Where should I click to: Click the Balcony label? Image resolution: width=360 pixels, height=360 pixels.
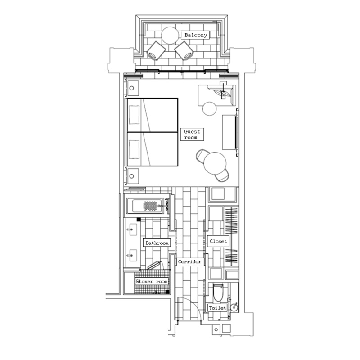(x=195, y=35)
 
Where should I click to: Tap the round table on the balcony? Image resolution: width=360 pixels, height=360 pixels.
(x=170, y=36)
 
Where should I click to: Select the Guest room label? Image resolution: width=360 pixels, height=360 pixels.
(x=192, y=134)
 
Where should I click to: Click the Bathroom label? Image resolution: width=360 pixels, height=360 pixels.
(x=157, y=243)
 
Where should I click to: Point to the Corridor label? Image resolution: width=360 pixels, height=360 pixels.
(x=190, y=261)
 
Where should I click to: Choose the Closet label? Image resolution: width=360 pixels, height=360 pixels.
(x=218, y=241)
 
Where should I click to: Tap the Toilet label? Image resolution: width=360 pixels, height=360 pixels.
(x=217, y=308)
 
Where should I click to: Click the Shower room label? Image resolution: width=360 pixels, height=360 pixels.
(x=152, y=281)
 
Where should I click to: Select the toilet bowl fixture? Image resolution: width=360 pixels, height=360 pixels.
(x=218, y=292)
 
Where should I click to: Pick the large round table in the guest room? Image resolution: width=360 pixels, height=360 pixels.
(x=215, y=163)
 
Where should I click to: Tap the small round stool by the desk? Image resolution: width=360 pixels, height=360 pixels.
(x=209, y=108)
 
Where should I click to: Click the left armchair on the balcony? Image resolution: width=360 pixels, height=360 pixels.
(x=156, y=50)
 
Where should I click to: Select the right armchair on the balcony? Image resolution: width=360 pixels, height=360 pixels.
(x=184, y=50)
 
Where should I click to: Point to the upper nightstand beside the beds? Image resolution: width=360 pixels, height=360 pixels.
(x=133, y=88)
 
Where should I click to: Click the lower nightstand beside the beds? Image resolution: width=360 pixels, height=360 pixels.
(x=133, y=176)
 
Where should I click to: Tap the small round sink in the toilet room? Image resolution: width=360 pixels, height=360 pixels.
(x=234, y=307)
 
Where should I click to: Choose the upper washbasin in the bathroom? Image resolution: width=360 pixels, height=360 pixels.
(x=132, y=229)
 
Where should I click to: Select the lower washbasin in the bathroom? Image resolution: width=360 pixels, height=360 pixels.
(x=132, y=255)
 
